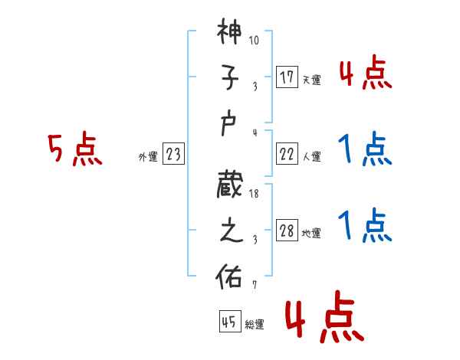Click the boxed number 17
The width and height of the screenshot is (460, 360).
tap(286, 77)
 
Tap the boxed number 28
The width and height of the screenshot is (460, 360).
tap(286, 231)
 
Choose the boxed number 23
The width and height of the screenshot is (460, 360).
tap(173, 155)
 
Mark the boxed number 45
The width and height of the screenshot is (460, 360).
tap(228, 322)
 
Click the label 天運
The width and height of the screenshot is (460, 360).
tap(311, 80)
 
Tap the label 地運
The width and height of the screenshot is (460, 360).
tap(311, 234)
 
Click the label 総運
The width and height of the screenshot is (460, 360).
tap(254, 325)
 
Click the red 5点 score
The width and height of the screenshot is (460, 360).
tap(74, 150)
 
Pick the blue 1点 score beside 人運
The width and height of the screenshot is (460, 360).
tap(364, 149)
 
